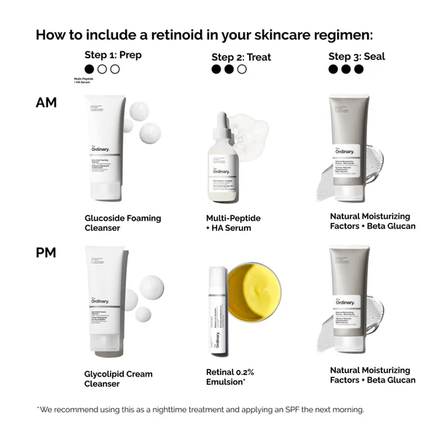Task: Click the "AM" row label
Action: point(46,103)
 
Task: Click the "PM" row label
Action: point(46,253)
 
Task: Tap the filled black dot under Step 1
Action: point(90,69)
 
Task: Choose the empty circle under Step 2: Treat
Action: point(242,70)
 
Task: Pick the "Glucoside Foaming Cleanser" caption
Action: point(122,223)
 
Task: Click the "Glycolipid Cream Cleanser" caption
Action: point(118,379)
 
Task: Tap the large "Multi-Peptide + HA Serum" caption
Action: point(233,223)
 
